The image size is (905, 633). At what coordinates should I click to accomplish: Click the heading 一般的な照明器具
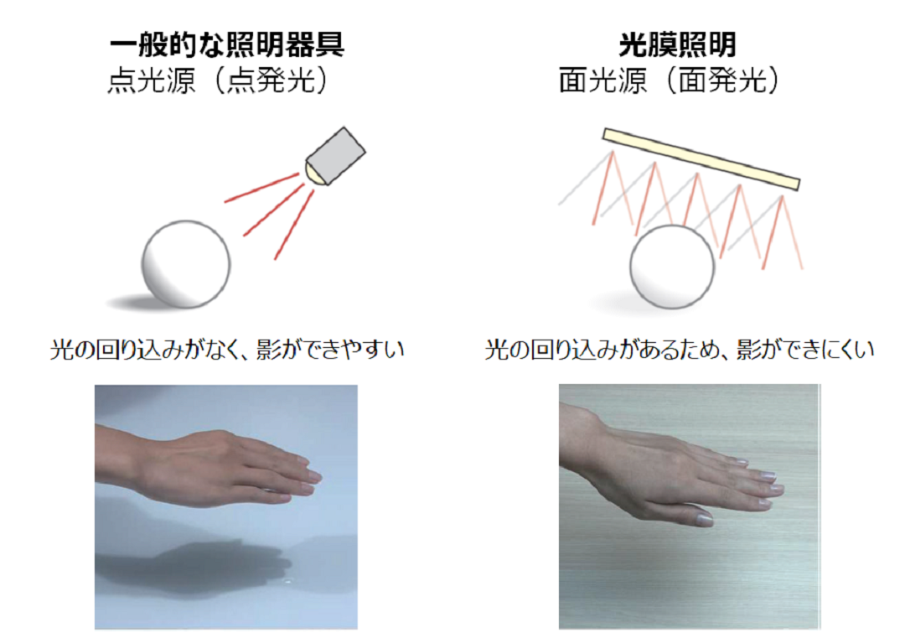coord(227,45)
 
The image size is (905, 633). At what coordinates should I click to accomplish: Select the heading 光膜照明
coord(678,45)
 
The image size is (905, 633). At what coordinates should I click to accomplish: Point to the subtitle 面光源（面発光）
coord(670,80)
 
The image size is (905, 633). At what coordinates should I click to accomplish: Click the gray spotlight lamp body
coord(336,155)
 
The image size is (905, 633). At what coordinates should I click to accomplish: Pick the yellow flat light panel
coord(701,158)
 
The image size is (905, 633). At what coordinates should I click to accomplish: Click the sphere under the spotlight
coord(186,264)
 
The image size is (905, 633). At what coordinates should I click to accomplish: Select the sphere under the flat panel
coord(672,267)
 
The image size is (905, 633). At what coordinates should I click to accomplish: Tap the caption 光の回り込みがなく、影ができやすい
coord(227,350)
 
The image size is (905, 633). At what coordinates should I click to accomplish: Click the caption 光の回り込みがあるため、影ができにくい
coord(680,350)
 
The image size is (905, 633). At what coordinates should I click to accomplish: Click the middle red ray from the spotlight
coord(273,210)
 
